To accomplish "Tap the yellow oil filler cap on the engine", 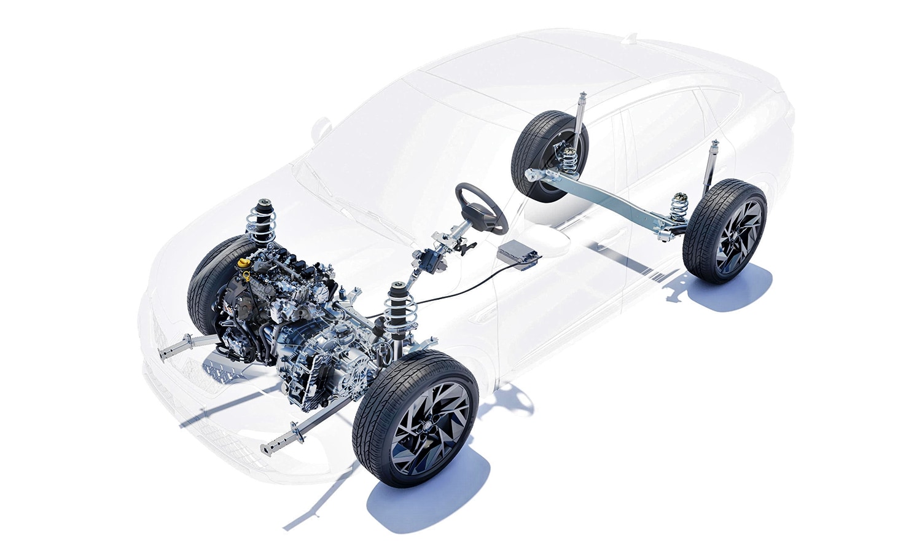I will (244, 263).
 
